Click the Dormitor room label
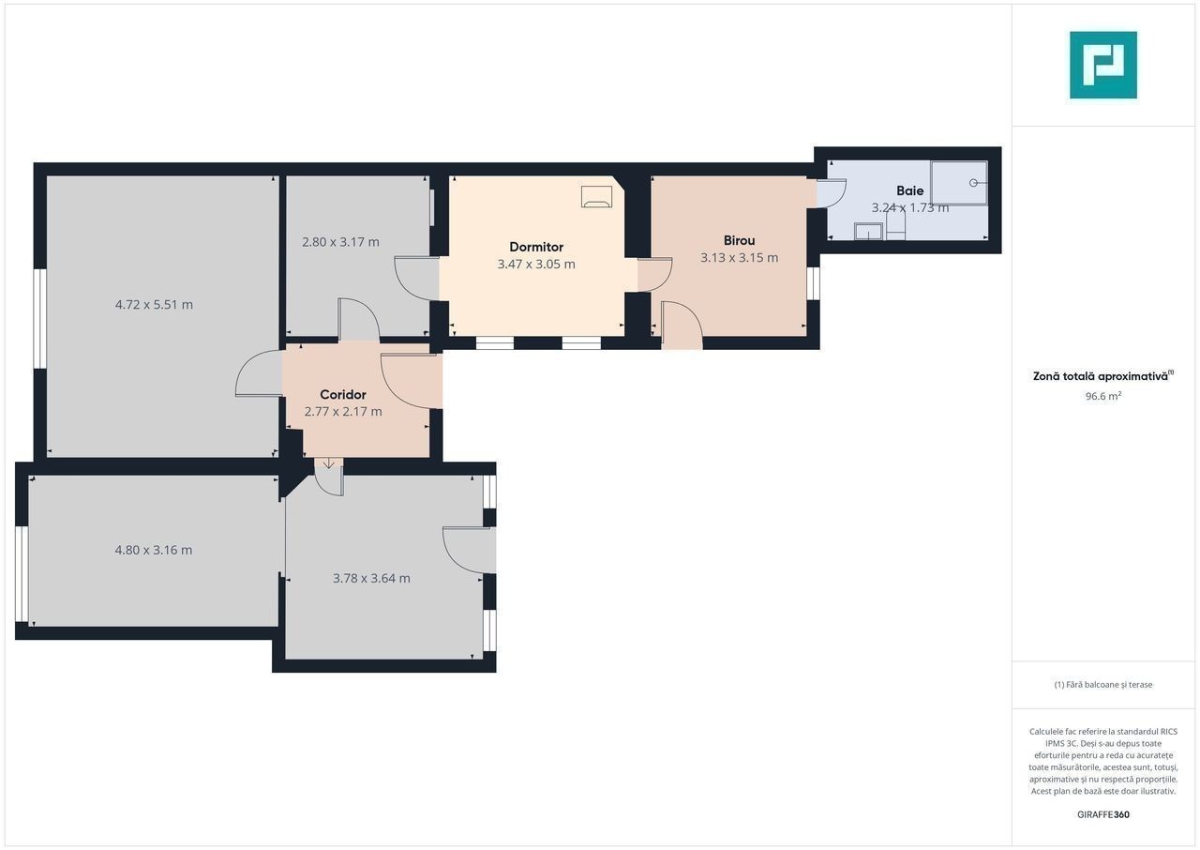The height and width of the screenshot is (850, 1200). [536, 247]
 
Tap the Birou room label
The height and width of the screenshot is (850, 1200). [739, 240]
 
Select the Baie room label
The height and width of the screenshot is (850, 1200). [909, 190]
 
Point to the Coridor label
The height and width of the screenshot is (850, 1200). [343, 395]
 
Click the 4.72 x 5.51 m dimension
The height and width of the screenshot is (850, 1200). [154, 305]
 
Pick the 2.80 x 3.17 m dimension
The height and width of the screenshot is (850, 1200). [340, 242]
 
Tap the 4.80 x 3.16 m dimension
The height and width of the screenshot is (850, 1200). [153, 551]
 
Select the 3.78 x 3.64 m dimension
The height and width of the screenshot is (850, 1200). [371, 579]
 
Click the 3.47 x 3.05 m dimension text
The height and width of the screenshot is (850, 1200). [536, 265]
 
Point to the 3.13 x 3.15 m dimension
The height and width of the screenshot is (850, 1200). [739, 258]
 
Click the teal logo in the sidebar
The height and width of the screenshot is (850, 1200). [1103, 65]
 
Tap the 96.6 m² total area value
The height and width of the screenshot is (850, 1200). [1103, 396]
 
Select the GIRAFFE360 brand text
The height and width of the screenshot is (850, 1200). [1103, 814]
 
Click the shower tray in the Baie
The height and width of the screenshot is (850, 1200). [959, 183]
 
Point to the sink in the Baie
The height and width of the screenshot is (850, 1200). [868, 232]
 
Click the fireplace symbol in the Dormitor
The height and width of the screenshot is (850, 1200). [596, 197]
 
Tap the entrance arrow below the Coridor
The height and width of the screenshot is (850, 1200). [328, 463]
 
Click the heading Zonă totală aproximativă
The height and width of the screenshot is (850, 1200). [1102, 376]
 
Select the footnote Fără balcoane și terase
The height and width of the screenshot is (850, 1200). [1103, 684]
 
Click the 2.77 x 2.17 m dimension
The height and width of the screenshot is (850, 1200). [343, 412]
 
